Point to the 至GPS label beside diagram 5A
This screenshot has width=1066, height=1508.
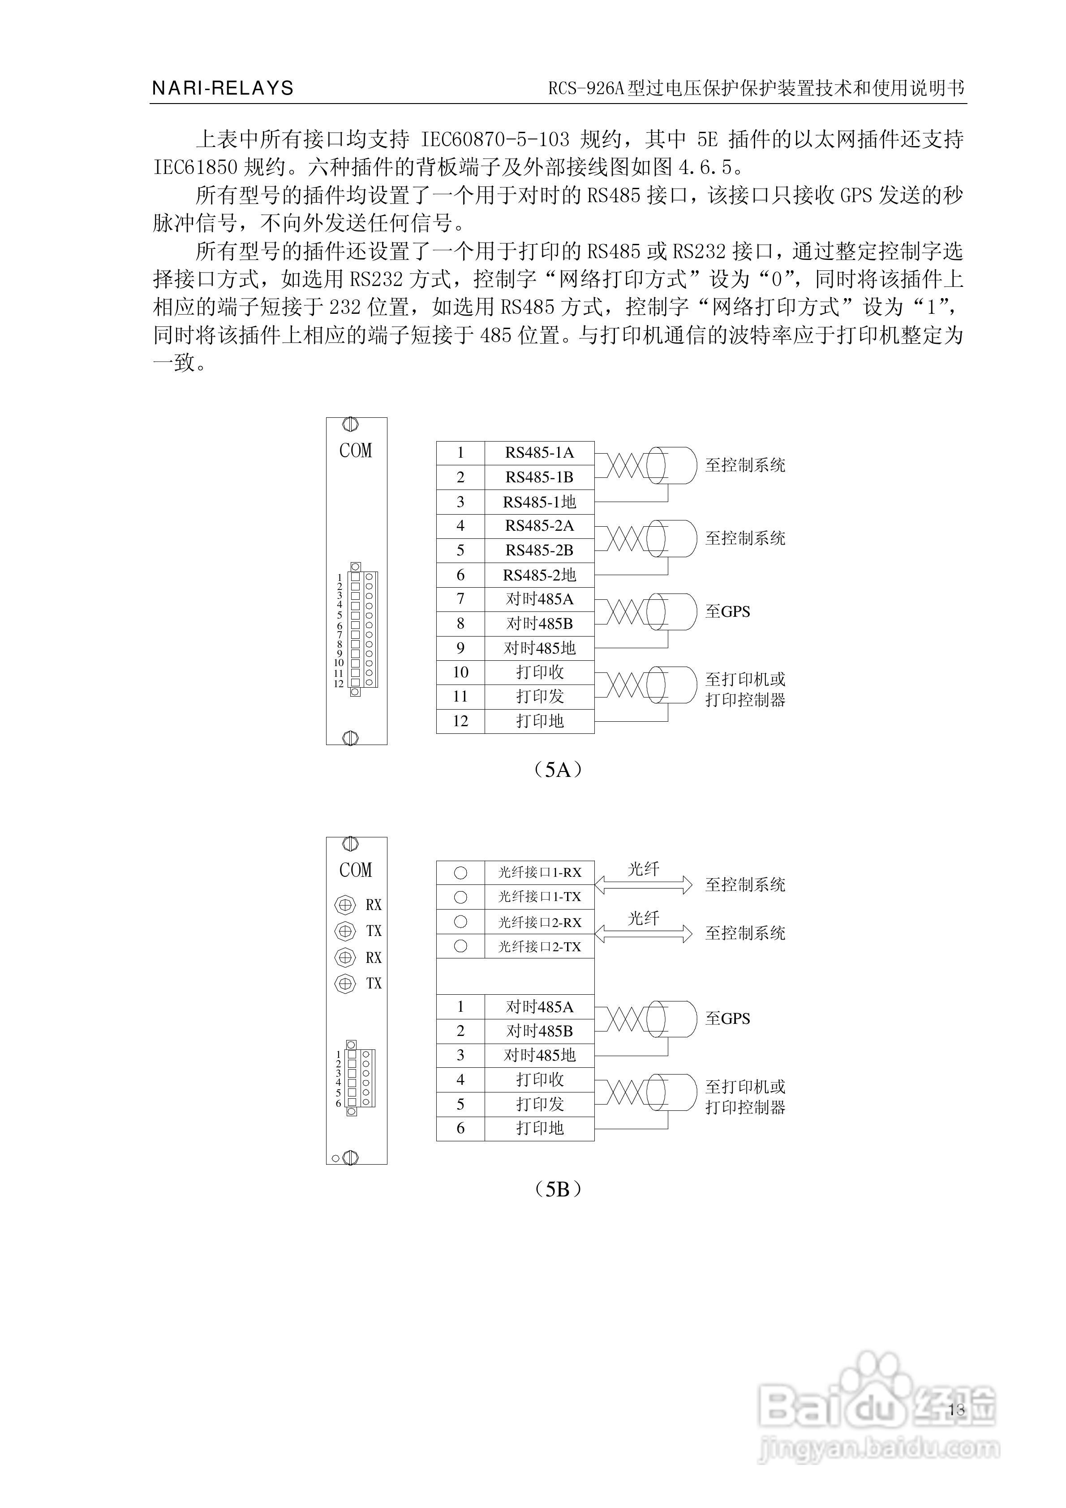727,611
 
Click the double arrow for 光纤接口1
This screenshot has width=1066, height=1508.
643,885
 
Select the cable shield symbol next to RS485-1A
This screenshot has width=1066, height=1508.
671,465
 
